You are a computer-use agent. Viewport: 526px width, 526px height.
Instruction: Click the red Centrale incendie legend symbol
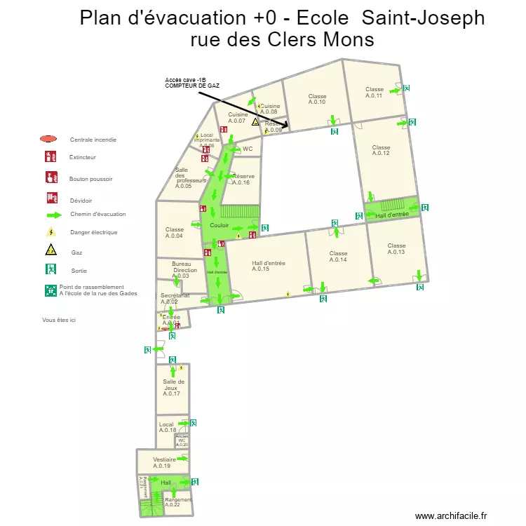point(48,139)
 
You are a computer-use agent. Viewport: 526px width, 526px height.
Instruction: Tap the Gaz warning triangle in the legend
point(50,250)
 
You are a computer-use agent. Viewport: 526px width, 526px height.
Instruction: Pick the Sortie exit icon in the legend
point(50,269)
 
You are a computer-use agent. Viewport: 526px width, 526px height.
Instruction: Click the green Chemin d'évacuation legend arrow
point(50,215)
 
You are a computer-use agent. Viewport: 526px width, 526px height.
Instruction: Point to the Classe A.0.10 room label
point(317,99)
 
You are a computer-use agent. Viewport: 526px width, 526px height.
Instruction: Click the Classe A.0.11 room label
point(375,92)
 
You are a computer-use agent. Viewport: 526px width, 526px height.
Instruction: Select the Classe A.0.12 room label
point(381,150)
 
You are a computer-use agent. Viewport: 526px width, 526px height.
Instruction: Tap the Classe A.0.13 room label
point(396,248)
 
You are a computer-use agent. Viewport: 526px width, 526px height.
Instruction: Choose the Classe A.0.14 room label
point(338,256)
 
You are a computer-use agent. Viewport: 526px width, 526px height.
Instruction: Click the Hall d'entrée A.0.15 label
point(269,266)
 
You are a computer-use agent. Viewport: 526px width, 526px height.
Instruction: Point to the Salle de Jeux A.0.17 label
point(173,387)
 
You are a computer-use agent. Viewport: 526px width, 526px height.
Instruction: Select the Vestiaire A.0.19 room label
point(163,462)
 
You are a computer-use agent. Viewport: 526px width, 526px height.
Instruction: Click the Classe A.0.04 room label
point(175,232)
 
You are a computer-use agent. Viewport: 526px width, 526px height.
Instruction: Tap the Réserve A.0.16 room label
point(243,179)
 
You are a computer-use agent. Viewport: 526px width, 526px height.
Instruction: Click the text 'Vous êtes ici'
point(59,319)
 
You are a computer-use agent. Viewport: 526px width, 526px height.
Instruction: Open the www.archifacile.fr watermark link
point(450,515)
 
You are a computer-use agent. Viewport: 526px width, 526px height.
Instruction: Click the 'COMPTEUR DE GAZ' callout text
point(192,85)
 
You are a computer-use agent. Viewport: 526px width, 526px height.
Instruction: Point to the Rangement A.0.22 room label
point(177,502)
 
